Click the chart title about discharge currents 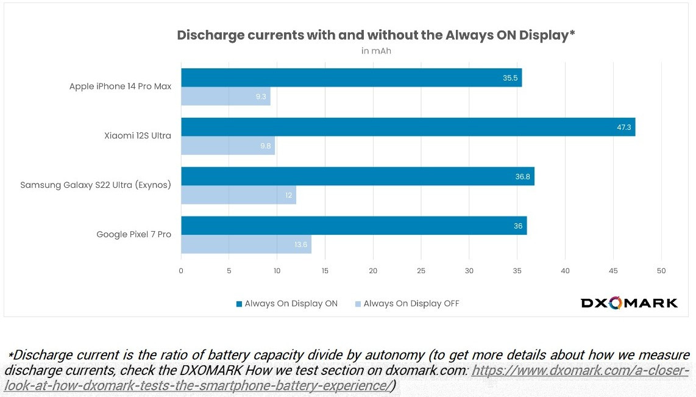point(376,35)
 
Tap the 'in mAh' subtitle point(376,51)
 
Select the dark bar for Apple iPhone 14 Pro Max point(351,77)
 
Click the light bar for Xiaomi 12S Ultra point(228,145)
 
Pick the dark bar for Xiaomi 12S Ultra point(408,127)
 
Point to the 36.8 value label point(523,176)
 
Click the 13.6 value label point(300,245)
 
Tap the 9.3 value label point(260,96)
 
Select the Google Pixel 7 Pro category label point(133,234)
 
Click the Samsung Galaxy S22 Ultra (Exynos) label point(96,185)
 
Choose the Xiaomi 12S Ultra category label point(138,135)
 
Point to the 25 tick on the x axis point(421,271)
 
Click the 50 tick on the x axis point(661,271)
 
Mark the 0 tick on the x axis point(181,271)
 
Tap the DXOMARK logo point(629,303)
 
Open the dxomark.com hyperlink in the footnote point(580,371)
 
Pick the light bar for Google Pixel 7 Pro point(246,244)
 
